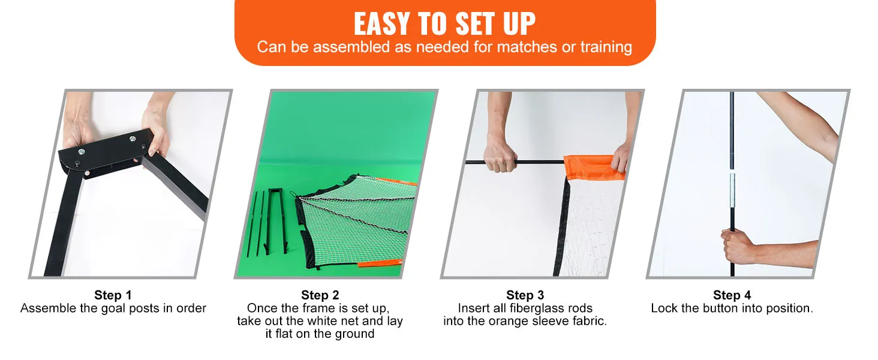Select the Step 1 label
coord(113,295)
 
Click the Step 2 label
coord(320,295)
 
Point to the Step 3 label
coord(525,295)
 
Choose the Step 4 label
coord(732,295)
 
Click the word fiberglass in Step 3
coord(536,308)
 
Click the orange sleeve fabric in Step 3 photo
coord(593,167)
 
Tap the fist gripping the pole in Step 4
coord(737,247)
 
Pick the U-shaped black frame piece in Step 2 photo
coord(276,220)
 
